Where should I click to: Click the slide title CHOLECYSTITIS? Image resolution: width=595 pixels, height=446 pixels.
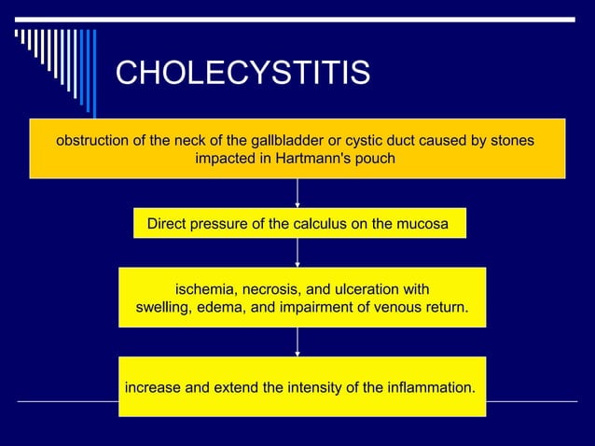tap(242, 73)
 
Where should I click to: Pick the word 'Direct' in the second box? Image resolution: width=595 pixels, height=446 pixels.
tap(169, 224)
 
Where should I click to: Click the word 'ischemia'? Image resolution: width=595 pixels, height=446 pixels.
tap(205, 288)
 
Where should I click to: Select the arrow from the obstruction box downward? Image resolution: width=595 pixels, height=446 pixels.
tap(297, 193)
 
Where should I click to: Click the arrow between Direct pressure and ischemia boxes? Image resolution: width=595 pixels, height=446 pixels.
tap(297, 253)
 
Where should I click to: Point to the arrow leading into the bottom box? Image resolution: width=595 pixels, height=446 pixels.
tap(297, 341)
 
